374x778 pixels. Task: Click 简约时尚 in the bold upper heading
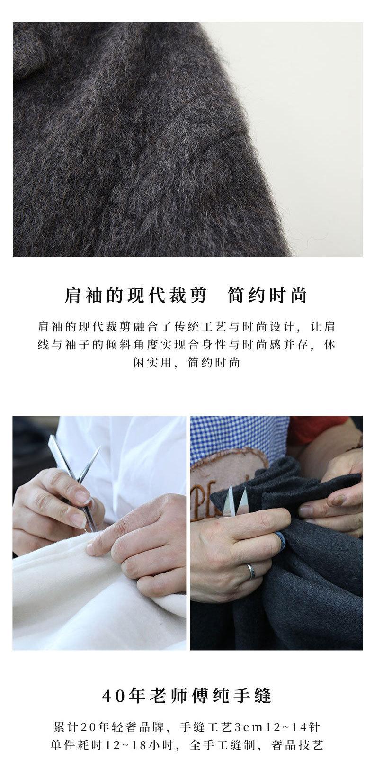click(x=267, y=295)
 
